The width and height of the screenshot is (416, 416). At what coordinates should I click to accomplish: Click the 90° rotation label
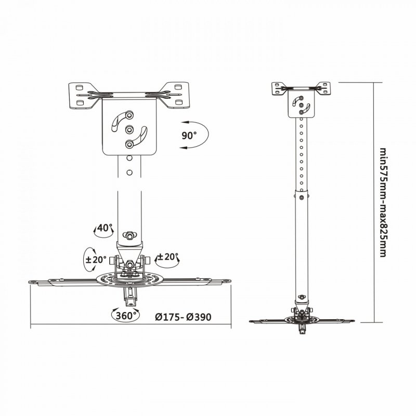click(189, 136)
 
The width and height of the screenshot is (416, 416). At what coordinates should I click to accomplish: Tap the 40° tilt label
click(105, 228)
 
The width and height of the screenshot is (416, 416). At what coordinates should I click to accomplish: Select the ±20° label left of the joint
click(97, 259)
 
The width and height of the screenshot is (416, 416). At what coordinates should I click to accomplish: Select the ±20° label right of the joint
click(167, 257)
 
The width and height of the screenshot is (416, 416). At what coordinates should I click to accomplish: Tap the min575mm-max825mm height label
click(382, 203)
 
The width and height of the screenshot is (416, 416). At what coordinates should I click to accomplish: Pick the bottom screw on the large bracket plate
click(130, 144)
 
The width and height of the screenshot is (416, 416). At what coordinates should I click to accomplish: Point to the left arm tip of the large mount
click(35, 281)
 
